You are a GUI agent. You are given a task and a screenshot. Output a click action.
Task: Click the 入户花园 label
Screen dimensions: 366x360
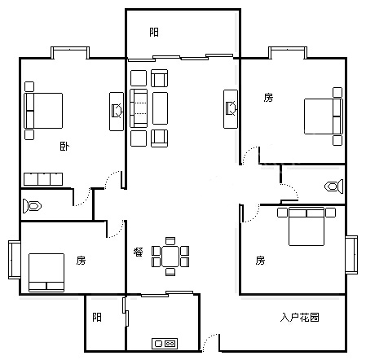299,317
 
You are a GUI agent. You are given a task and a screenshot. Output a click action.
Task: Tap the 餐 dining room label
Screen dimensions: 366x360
139,252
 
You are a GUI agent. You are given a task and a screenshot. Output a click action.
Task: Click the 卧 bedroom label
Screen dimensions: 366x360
64,147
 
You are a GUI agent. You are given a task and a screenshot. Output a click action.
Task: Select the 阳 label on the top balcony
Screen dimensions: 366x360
154,33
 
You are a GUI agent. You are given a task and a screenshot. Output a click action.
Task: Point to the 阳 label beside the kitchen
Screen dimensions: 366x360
97,317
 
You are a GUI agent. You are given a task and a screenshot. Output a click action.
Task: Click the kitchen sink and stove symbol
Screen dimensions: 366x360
165,344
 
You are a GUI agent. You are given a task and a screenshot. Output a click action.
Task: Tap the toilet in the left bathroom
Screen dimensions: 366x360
32,206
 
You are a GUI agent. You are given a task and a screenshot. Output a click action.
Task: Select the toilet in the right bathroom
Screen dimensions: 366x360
334,187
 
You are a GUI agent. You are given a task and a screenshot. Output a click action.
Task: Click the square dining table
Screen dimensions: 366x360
170,257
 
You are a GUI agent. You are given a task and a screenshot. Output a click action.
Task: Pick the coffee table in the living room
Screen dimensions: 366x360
161,108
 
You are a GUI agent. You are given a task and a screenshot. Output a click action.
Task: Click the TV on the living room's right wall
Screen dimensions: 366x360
231,109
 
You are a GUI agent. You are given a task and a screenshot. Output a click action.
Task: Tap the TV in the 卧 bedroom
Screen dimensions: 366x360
117,111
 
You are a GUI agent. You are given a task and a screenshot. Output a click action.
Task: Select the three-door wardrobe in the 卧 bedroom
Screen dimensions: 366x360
43,179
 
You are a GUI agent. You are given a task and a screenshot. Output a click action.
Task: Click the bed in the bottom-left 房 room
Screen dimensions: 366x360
46,273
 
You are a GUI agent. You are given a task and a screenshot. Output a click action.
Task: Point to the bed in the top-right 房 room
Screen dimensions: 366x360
324,116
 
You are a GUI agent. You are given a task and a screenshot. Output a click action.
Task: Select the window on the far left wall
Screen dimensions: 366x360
15,260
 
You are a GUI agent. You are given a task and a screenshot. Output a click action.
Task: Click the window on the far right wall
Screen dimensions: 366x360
351,255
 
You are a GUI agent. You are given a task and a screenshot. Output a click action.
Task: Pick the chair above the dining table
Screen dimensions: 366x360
170,241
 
